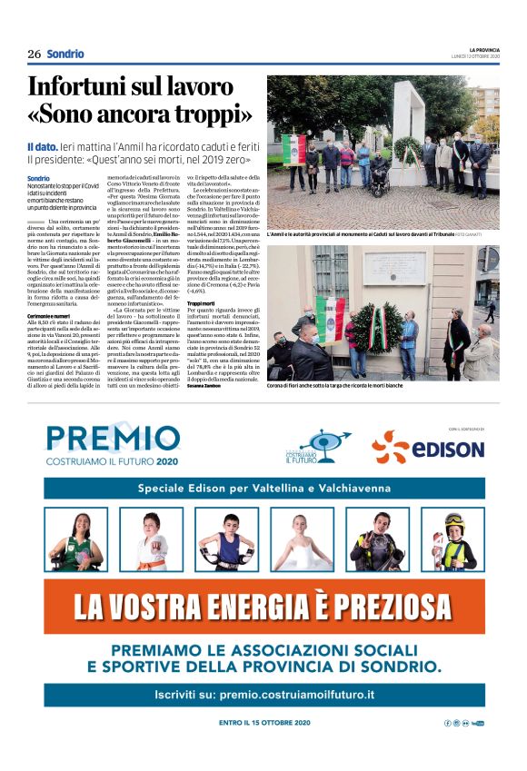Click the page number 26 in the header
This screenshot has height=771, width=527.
tap(34, 54)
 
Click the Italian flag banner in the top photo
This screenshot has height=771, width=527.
tap(293, 149)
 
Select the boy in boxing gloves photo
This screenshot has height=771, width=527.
tap(225, 539)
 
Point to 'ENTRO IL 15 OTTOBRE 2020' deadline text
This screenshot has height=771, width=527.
tap(264, 722)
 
